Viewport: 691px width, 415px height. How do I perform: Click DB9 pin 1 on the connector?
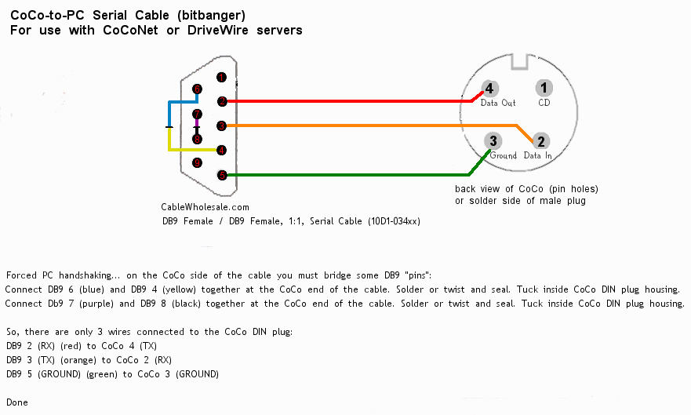[222, 78]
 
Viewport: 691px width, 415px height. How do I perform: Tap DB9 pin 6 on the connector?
[197, 89]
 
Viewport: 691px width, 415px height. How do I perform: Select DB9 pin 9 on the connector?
[197, 162]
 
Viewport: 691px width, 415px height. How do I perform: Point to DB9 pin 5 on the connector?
[222, 175]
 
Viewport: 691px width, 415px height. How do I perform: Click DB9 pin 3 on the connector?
[222, 126]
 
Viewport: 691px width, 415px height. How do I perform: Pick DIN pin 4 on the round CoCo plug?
[489, 89]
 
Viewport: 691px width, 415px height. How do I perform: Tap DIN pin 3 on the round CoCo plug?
[493, 141]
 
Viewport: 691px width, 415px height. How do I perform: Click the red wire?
[345, 100]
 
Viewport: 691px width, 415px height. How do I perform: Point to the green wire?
[345, 175]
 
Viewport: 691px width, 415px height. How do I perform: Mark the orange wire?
[361, 126]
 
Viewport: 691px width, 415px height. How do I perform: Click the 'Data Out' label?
[498, 103]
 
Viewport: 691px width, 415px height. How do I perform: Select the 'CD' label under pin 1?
[544, 103]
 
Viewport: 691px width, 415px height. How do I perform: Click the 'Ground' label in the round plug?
[504, 155]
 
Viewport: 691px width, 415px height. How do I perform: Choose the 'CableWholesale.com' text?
[205, 207]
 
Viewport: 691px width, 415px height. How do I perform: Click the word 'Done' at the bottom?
[16, 402]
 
